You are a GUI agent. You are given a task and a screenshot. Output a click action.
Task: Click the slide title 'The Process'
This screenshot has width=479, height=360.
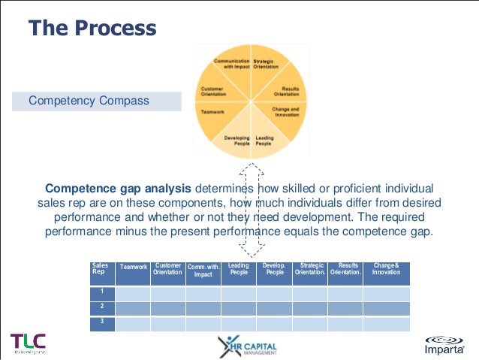click(92, 29)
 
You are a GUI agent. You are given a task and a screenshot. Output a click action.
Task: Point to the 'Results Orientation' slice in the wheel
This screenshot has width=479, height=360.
click(286, 91)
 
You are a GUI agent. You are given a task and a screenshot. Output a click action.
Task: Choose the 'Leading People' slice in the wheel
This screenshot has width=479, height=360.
click(264, 141)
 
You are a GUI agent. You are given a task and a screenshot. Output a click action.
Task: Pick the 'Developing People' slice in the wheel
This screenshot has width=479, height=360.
click(236, 141)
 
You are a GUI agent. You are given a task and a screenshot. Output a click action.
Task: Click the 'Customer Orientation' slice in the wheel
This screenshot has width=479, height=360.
click(213, 91)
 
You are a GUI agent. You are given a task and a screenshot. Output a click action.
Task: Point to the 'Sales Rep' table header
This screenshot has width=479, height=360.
click(99, 269)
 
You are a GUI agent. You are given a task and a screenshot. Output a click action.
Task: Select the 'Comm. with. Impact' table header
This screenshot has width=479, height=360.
click(203, 271)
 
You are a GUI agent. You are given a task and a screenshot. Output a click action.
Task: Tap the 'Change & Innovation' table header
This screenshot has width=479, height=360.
click(386, 268)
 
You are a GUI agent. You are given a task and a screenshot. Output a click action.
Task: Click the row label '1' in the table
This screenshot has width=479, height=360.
click(101, 291)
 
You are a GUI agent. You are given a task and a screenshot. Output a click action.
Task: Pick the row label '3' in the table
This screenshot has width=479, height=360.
click(101, 321)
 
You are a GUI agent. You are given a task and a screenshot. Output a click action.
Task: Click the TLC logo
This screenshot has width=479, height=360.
click(29, 343)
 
